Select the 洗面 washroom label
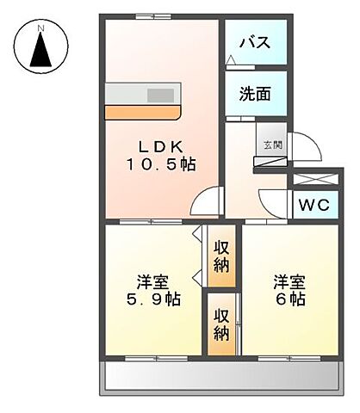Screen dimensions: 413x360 (256, 94)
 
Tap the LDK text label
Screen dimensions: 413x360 (161, 145)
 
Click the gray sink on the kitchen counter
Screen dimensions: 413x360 (159, 96)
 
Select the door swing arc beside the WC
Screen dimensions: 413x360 (274, 206)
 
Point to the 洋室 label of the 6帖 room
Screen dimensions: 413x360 (289, 281)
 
